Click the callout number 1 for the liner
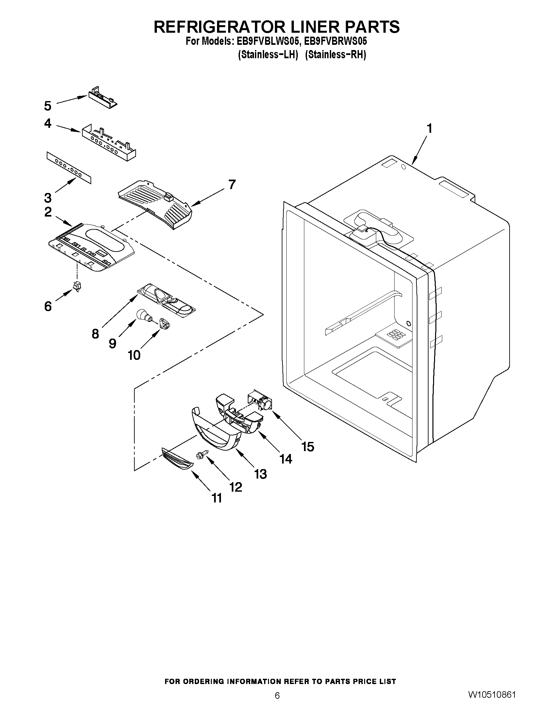[429, 129]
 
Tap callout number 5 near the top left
[48, 106]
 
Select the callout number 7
[232, 184]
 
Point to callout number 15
[308, 447]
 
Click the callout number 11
[217, 498]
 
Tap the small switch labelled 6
[77, 286]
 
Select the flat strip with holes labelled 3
[69, 168]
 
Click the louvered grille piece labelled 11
[177, 459]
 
